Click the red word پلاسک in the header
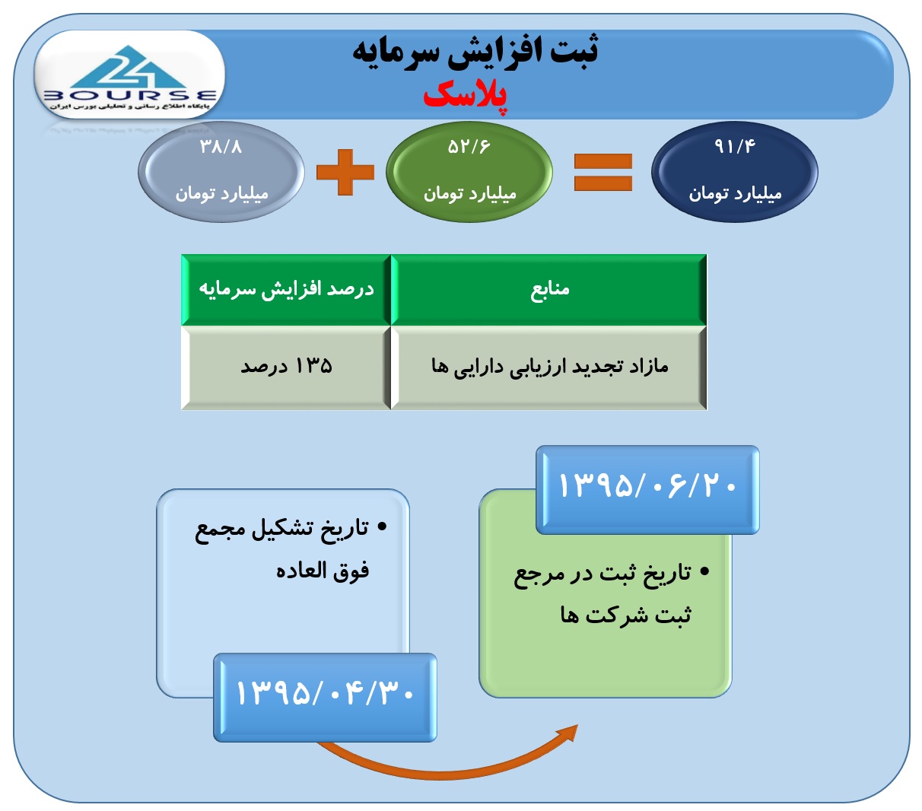tap(465, 97)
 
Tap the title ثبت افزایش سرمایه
tap(475, 52)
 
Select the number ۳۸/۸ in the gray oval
tap(221, 147)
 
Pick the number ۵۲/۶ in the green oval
tap(469, 147)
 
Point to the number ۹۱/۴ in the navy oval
tap(735, 146)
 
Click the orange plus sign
tap(345, 172)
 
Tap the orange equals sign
tap(603, 172)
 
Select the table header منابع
tap(550, 288)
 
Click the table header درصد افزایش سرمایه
tap(286, 289)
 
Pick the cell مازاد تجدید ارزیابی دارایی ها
tap(550, 367)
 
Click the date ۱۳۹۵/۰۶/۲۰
tap(647, 485)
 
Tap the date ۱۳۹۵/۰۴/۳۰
tap(325, 693)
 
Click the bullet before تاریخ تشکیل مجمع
tap(382, 527)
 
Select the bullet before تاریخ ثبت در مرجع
tap(704, 571)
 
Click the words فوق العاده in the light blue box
tap(323, 571)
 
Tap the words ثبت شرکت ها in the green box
tap(626, 615)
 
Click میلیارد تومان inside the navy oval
tap(735, 194)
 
